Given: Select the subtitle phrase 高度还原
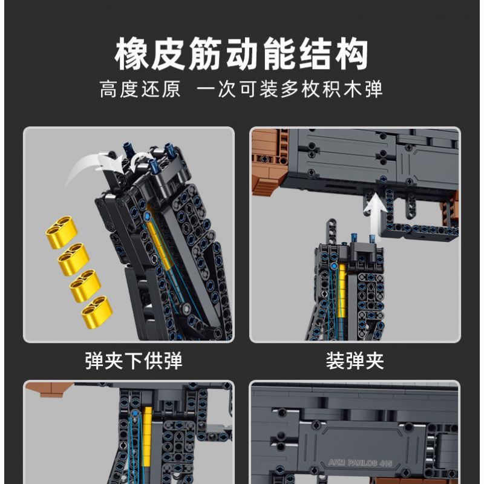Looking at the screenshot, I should click(x=140, y=90).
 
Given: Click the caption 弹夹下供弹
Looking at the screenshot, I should click(x=134, y=361).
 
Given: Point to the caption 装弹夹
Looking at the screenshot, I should click(x=355, y=361).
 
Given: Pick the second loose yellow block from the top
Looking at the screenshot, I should click(x=73, y=259).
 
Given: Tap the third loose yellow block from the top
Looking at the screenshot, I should click(x=85, y=285).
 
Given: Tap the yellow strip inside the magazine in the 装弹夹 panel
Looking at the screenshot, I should click(x=342, y=290).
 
